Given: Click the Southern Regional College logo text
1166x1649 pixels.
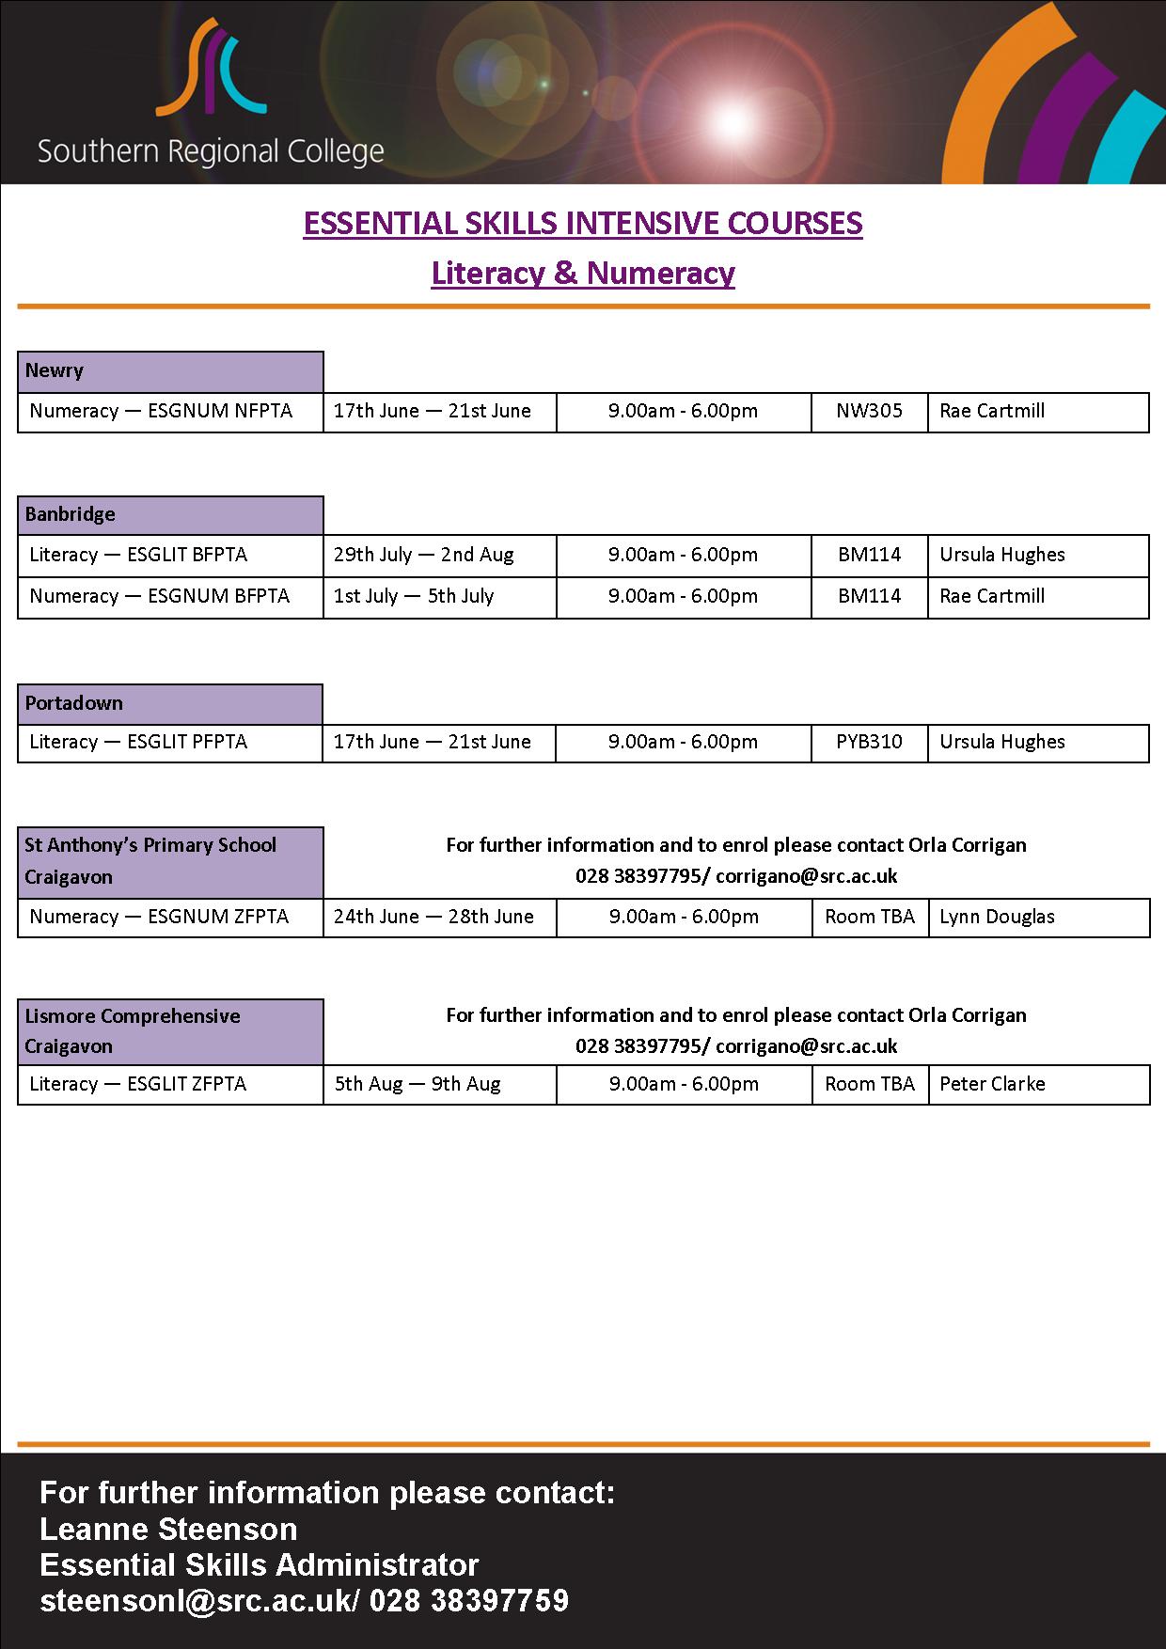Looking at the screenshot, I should (211, 151).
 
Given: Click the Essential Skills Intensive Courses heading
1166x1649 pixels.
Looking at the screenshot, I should (582, 224).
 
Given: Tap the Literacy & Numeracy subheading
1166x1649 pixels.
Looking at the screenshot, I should (582, 273).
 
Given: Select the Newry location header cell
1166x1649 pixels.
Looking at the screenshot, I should (170, 371).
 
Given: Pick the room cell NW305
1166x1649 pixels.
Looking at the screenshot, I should (869, 412).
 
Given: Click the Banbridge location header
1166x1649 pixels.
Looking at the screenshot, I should (170, 515).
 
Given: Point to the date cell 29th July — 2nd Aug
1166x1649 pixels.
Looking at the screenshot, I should (424, 556).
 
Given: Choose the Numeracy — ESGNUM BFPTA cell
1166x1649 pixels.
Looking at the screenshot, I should (160, 597).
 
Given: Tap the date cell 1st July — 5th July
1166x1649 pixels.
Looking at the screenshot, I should (414, 597).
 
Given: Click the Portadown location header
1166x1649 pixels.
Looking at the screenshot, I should (170, 704).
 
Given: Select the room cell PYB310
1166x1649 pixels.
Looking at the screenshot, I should (869, 743).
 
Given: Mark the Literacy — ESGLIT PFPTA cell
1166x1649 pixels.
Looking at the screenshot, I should (139, 743).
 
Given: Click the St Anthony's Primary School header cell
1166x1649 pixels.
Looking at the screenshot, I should (170, 861).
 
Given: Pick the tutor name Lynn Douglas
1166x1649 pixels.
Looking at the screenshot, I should (997, 918).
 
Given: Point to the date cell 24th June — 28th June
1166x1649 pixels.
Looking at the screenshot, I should (433, 918).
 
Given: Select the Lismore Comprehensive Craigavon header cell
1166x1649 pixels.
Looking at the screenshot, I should (170, 1031).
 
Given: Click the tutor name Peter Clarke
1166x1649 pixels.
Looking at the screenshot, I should (992, 1085).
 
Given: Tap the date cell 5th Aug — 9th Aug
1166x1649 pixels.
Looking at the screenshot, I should (418, 1085).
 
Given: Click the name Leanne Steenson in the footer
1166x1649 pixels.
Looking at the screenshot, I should (168, 1530).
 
